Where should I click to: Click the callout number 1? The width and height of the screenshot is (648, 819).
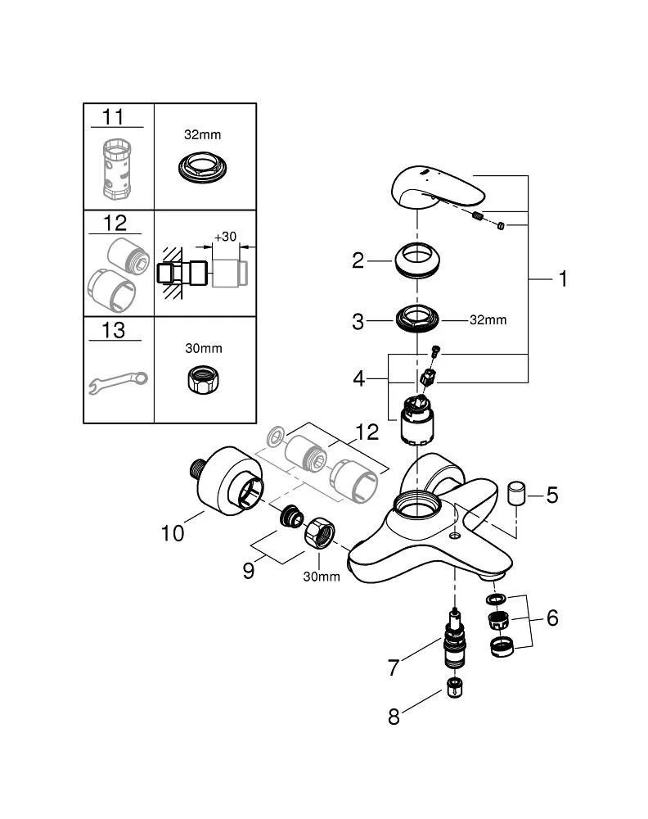(x=562, y=279)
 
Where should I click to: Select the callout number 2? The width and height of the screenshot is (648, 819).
(x=358, y=260)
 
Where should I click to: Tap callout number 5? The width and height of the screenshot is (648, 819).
(x=552, y=495)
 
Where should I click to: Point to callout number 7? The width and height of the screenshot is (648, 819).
(x=394, y=667)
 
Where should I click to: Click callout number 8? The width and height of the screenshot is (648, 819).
(x=394, y=717)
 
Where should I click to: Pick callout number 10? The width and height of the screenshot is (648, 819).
(x=173, y=533)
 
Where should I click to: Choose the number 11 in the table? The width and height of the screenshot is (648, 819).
(x=113, y=117)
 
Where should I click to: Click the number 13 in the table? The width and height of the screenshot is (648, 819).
(x=113, y=329)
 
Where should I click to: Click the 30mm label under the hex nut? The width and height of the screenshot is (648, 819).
(x=321, y=577)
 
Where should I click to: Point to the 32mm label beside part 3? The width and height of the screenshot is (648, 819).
(x=488, y=319)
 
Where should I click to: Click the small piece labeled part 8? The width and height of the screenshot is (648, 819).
(x=452, y=687)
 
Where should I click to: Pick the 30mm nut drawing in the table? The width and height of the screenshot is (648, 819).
(x=203, y=378)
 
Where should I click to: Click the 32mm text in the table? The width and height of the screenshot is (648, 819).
(x=203, y=134)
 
